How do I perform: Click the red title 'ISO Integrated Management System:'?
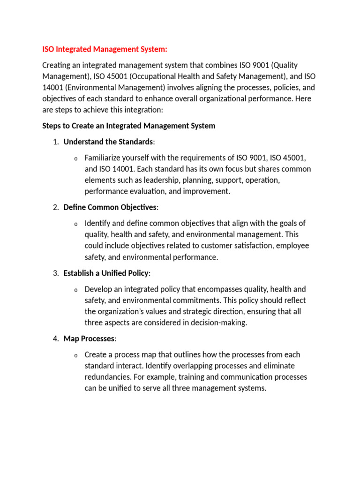pos(105,49)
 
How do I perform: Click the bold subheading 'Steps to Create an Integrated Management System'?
pos(129,126)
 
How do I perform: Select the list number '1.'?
pos(55,142)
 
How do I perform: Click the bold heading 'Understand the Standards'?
pos(108,142)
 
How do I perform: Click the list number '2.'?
pos(55,207)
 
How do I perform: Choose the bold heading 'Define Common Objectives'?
pos(110,207)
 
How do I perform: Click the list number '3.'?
pos(55,273)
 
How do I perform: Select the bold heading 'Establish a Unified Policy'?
pos(113,273)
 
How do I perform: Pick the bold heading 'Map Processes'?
pos(89,338)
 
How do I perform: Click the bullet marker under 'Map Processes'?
pos(75,355)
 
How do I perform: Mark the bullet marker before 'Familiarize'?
pos(75,158)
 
